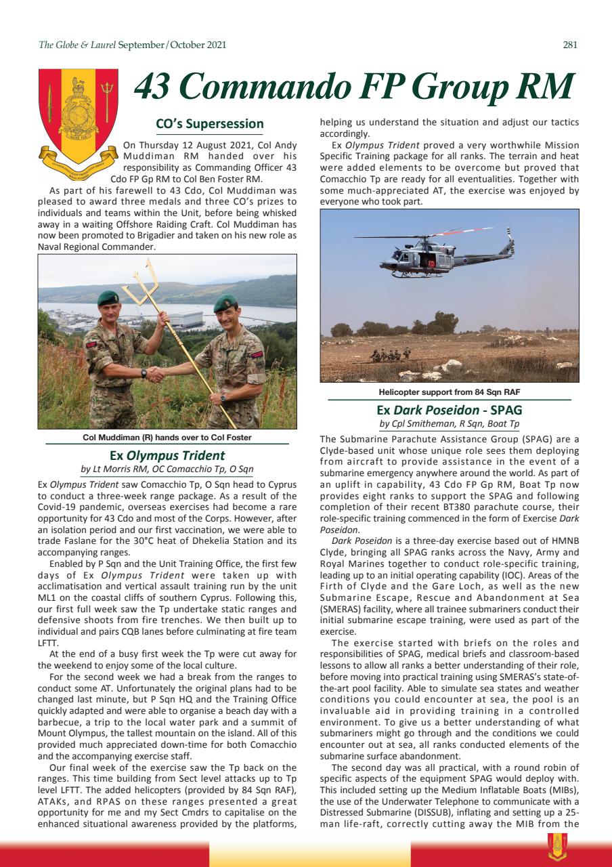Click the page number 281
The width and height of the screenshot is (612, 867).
tap(569, 45)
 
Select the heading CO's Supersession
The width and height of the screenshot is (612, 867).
tap(209, 124)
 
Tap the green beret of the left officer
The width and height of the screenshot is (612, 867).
tap(108, 297)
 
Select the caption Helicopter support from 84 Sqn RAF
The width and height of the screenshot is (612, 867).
tap(449, 392)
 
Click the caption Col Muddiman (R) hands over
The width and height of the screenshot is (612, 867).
tap(167, 438)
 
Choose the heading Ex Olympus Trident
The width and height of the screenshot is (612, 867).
tap(167, 455)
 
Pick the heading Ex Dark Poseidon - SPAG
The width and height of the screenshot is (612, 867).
tap(449, 410)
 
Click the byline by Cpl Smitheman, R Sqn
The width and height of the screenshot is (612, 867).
tap(449, 424)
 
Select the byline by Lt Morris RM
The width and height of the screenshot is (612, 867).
tap(167, 469)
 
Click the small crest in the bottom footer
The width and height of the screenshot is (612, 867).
tap(558, 846)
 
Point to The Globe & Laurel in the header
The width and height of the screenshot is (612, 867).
tap(76, 45)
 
